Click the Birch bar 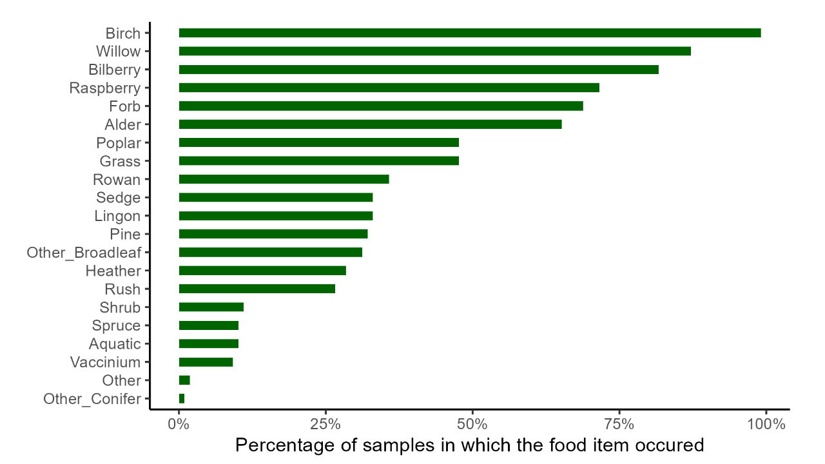pos(469,33)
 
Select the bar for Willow pos(434,51)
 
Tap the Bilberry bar pos(418,70)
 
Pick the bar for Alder pos(370,124)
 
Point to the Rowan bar pos(284,179)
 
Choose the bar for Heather pos(262,271)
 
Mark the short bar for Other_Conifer pos(182,399)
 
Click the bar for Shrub pos(211,307)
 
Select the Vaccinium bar pos(206,362)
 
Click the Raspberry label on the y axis pos(105,88)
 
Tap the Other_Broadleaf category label pos(84,253)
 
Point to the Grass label pos(120,161)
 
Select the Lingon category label pos(117,216)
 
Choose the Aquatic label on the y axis pos(115,344)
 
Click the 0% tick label pos(179,425)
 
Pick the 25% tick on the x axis pos(325,425)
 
